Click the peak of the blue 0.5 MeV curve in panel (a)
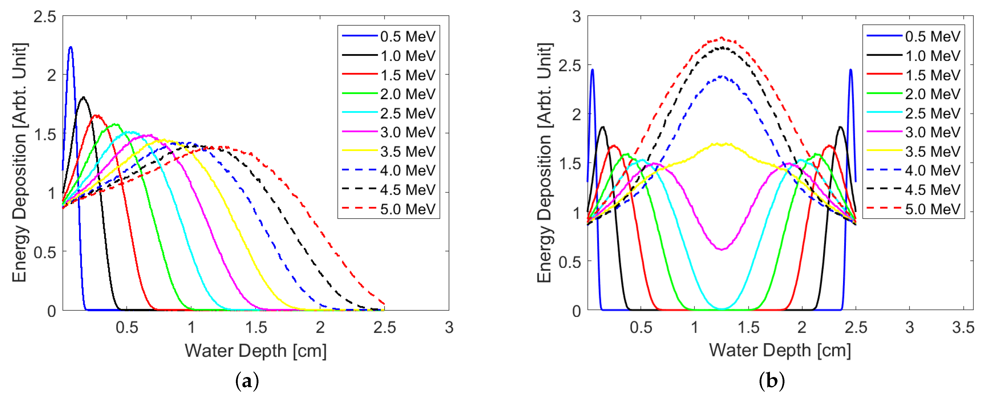pos(71,48)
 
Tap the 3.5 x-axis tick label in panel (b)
pos(963,328)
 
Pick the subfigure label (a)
pos(247,381)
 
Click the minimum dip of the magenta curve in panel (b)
pos(722,250)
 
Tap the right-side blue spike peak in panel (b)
pos(851,70)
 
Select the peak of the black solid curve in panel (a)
pos(83,97)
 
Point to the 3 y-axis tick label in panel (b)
pos(576,17)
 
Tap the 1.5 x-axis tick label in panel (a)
pos(256,328)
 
